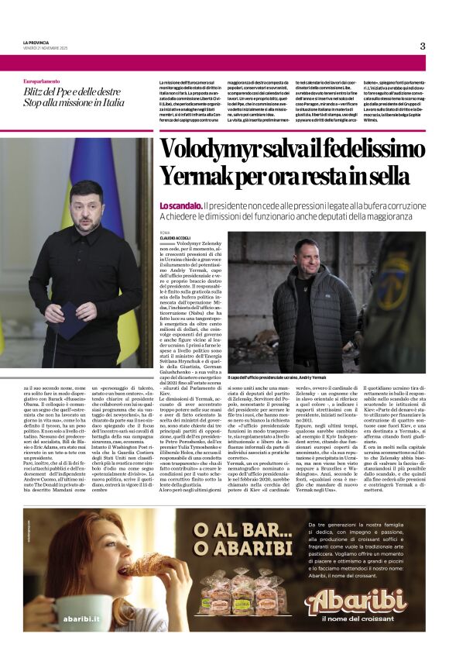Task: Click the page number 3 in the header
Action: [x=422, y=46]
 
